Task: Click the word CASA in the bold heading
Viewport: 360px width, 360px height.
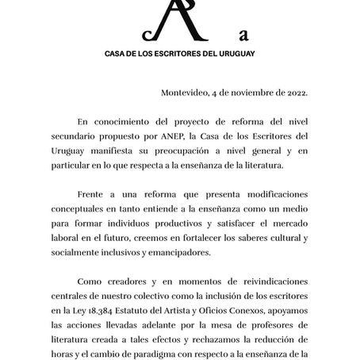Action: click(118, 56)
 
